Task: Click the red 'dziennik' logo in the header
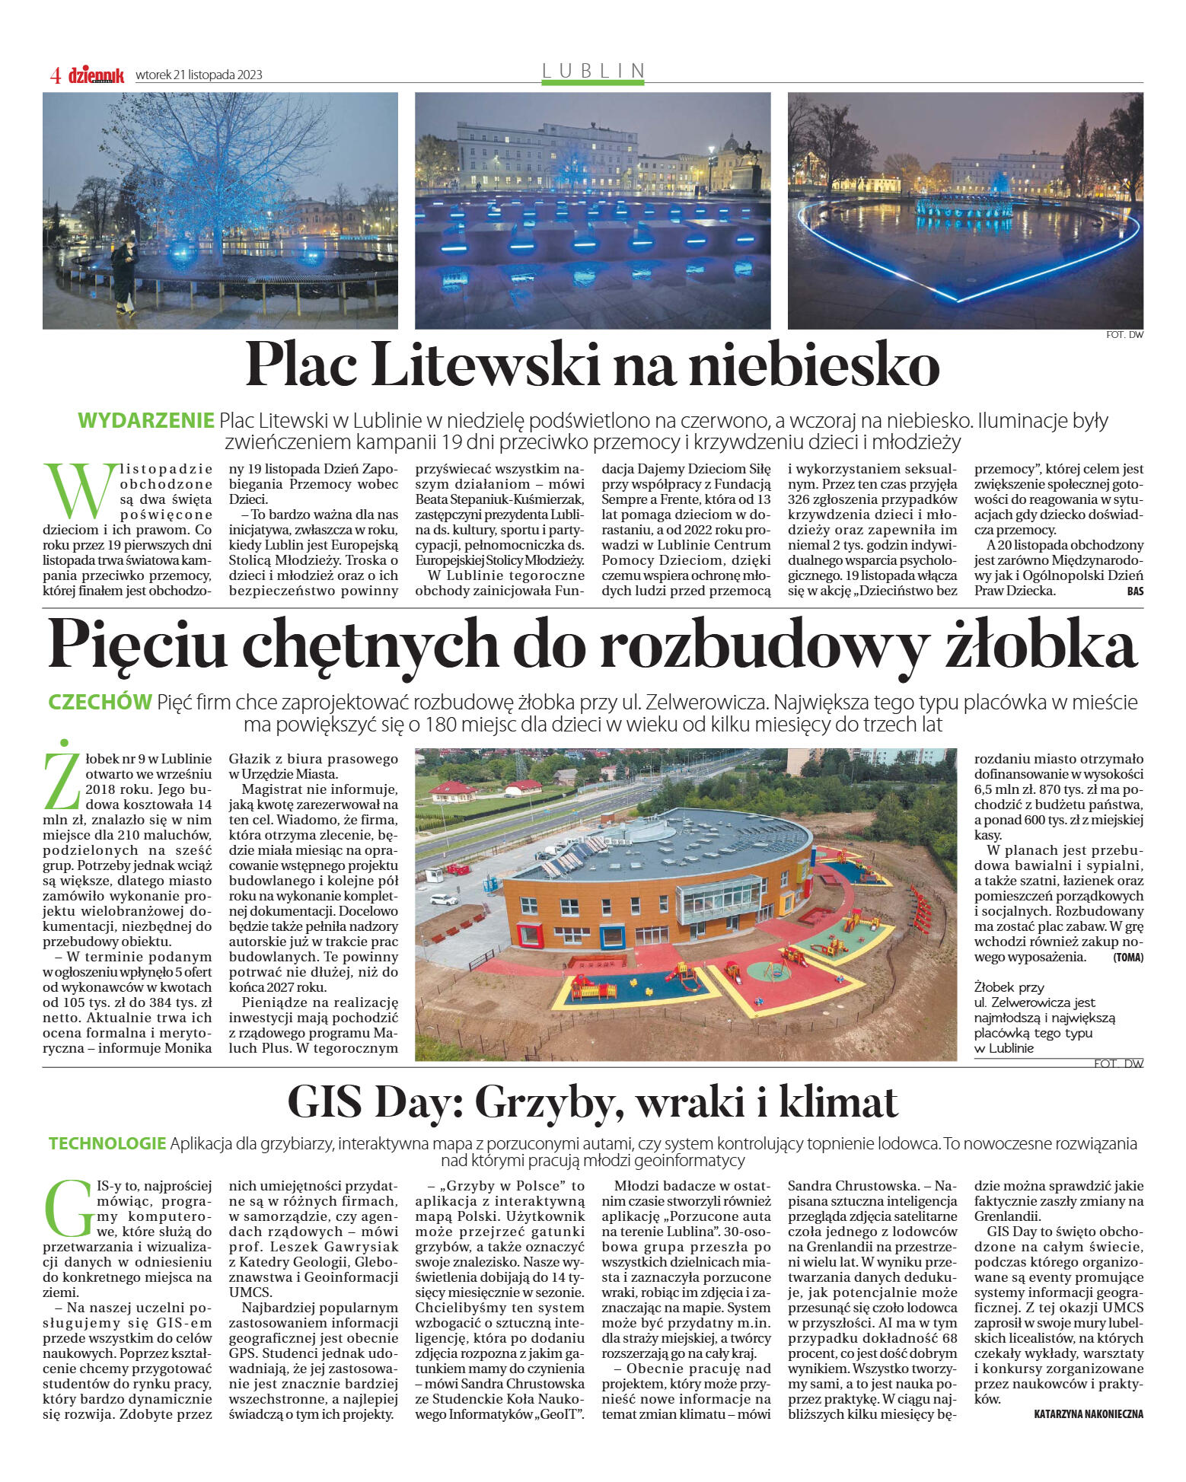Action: (96, 75)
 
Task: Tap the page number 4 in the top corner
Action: (55, 75)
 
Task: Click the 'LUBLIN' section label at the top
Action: (593, 70)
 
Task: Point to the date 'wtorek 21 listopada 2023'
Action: (199, 75)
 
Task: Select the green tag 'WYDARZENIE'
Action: (146, 420)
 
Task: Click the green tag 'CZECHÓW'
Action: (100, 702)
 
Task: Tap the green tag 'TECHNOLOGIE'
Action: (107, 1143)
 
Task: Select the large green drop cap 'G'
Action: (69, 1210)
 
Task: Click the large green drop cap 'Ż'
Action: (61, 775)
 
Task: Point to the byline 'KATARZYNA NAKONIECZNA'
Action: (1088, 1413)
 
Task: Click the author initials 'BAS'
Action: (1135, 591)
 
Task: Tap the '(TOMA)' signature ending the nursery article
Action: (1127, 958)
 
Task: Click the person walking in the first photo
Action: (124, 276)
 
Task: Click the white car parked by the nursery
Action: (443, 899)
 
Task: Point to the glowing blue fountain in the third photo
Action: (964, 204)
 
